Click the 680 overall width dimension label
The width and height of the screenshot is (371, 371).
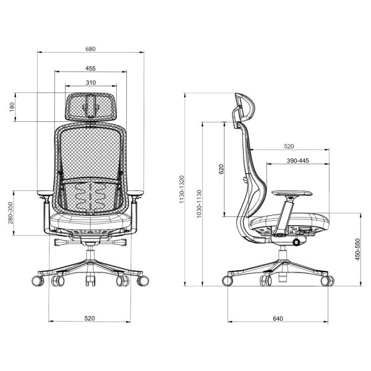[x=90, y=49]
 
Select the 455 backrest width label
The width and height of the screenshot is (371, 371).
[x=90, y=69]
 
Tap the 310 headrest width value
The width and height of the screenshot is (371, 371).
[x=91, y=83]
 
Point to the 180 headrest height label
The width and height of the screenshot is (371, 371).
[x=12, y=107]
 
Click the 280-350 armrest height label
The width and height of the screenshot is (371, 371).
[x=11, y=213]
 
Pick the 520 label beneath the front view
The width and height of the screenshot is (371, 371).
[x=90, y=318]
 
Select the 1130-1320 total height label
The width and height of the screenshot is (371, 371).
[x=182, y=190]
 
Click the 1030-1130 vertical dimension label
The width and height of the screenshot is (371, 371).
[x=199, y=203]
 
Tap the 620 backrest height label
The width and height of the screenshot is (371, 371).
[x=221, y=169]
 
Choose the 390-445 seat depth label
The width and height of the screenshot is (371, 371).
[x=297, y=161]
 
